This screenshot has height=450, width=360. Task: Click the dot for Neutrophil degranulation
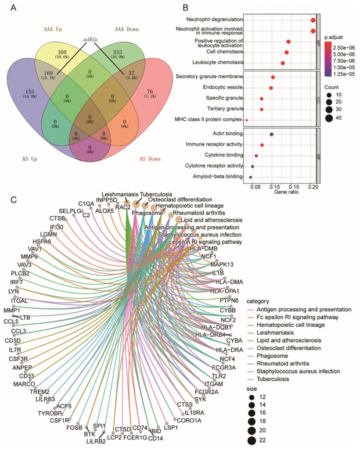(x=313, y=20)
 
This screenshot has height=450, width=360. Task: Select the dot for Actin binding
(x=271, y=134)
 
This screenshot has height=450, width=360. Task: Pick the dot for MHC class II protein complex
(x=247, y=120)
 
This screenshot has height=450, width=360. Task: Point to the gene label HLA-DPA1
(x=224, y=291)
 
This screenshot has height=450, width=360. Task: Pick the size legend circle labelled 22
(x=252, y=440)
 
